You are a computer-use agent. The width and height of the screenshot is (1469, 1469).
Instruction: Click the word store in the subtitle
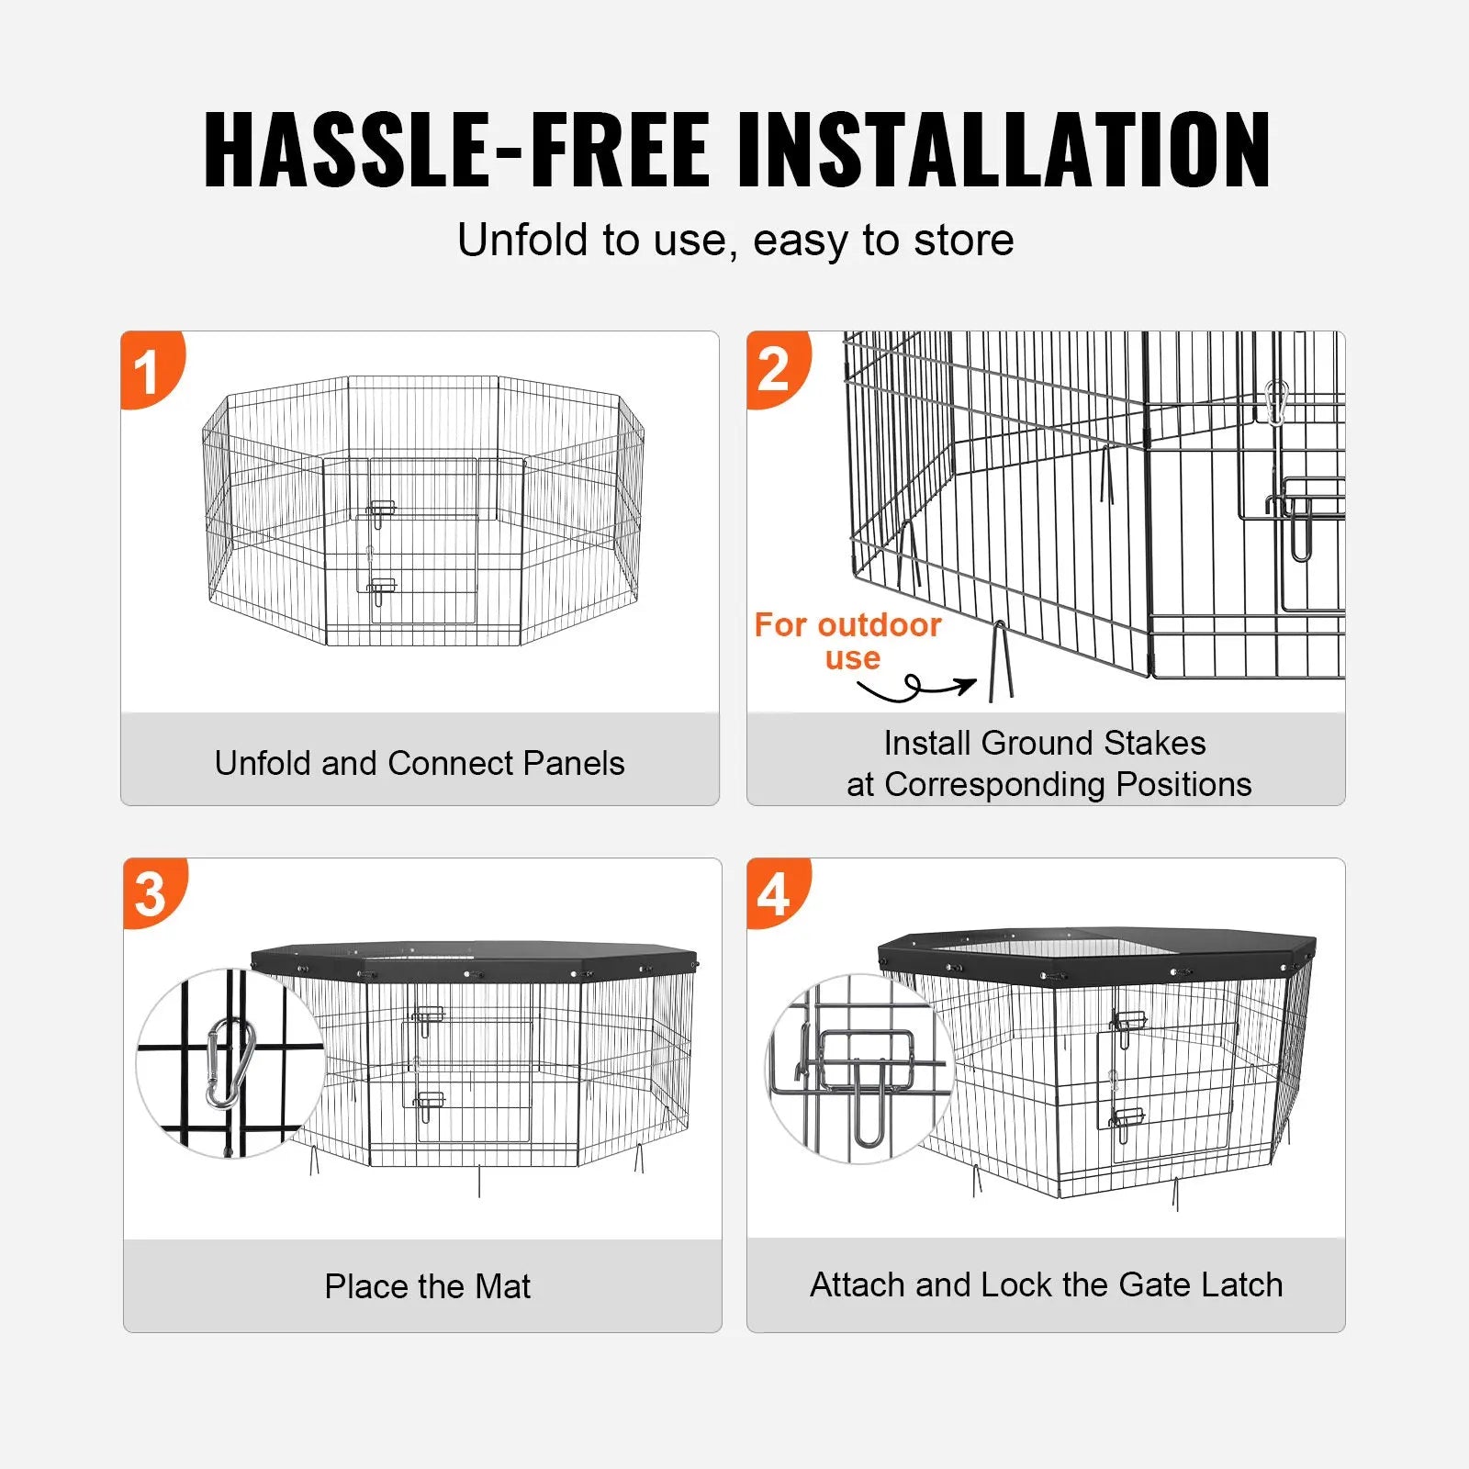(x=964, y=241)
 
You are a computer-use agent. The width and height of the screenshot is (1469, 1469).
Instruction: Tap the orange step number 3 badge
(x=152, y=893)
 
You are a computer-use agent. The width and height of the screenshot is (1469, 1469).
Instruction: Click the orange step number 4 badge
(x=777, y=893)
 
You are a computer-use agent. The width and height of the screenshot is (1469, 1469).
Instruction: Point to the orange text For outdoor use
(x=847, y=641)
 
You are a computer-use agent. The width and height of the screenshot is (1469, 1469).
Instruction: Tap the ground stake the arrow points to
(x=1001, y=662)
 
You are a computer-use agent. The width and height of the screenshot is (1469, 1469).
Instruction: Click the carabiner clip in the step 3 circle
(x=230, y=1062)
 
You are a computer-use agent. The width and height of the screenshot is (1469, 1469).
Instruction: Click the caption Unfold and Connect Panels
(x=420, y=763)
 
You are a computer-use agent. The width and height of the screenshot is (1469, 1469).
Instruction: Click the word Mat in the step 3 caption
(x=502, y=1286)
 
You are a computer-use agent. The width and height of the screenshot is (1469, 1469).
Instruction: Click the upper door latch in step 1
(x=380, y=511)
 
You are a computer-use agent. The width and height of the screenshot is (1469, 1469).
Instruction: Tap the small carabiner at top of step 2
(x=1276, y=402)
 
